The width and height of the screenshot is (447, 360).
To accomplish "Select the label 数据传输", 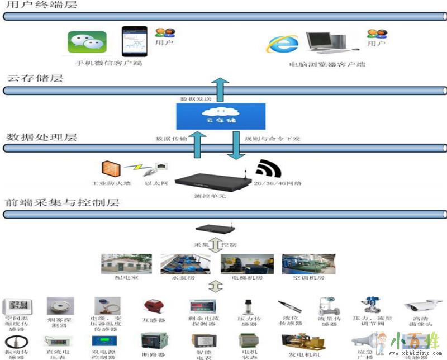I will (x=170, y=139).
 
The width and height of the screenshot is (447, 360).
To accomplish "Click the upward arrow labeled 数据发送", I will (x=222, y=90).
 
